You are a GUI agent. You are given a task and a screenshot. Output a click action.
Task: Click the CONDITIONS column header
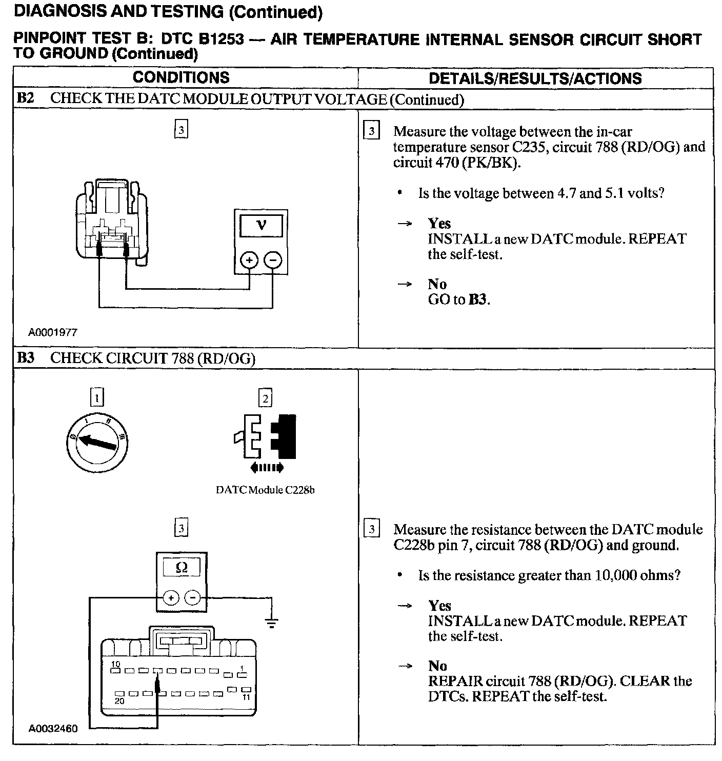(180, 77)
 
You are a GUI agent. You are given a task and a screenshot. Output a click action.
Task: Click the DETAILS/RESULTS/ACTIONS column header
(535, 78)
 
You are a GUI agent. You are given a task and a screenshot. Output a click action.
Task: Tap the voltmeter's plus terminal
(249, 261)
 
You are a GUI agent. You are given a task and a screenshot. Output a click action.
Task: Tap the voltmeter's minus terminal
(273, 261)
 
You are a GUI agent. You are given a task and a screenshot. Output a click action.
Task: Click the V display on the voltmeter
(261, 225)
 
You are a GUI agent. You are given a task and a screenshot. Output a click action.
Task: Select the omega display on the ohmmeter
(182, 568)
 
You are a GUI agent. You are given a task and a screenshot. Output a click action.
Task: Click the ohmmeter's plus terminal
(171, 597)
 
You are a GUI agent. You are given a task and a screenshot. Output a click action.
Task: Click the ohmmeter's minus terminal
(193, 597)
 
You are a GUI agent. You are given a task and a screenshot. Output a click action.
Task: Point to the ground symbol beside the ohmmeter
(272, 623)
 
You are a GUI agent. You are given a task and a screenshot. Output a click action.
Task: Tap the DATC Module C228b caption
(265, 490)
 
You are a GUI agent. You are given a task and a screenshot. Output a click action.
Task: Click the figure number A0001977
(53, 332)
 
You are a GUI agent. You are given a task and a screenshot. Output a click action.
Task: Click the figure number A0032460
(53, 728)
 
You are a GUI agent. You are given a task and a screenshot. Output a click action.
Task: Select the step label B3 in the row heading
(26, 358)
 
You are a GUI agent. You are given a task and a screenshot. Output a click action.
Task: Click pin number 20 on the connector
(119, 701)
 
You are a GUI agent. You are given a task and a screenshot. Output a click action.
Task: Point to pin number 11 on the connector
(246, 697)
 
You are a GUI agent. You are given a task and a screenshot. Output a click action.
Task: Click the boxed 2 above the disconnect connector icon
(265, 398)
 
